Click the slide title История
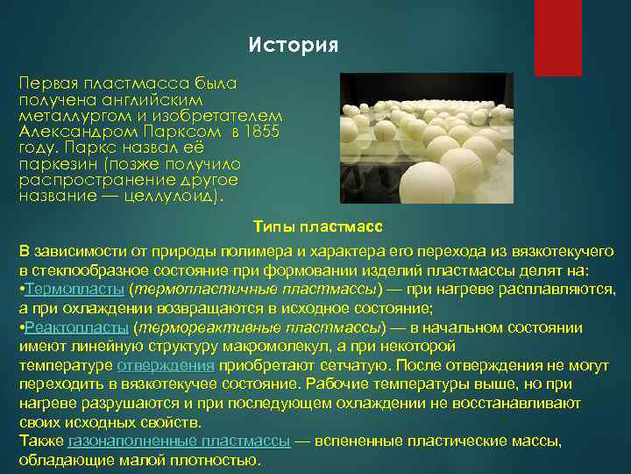point(293,45)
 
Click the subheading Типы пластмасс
point(317,228)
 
